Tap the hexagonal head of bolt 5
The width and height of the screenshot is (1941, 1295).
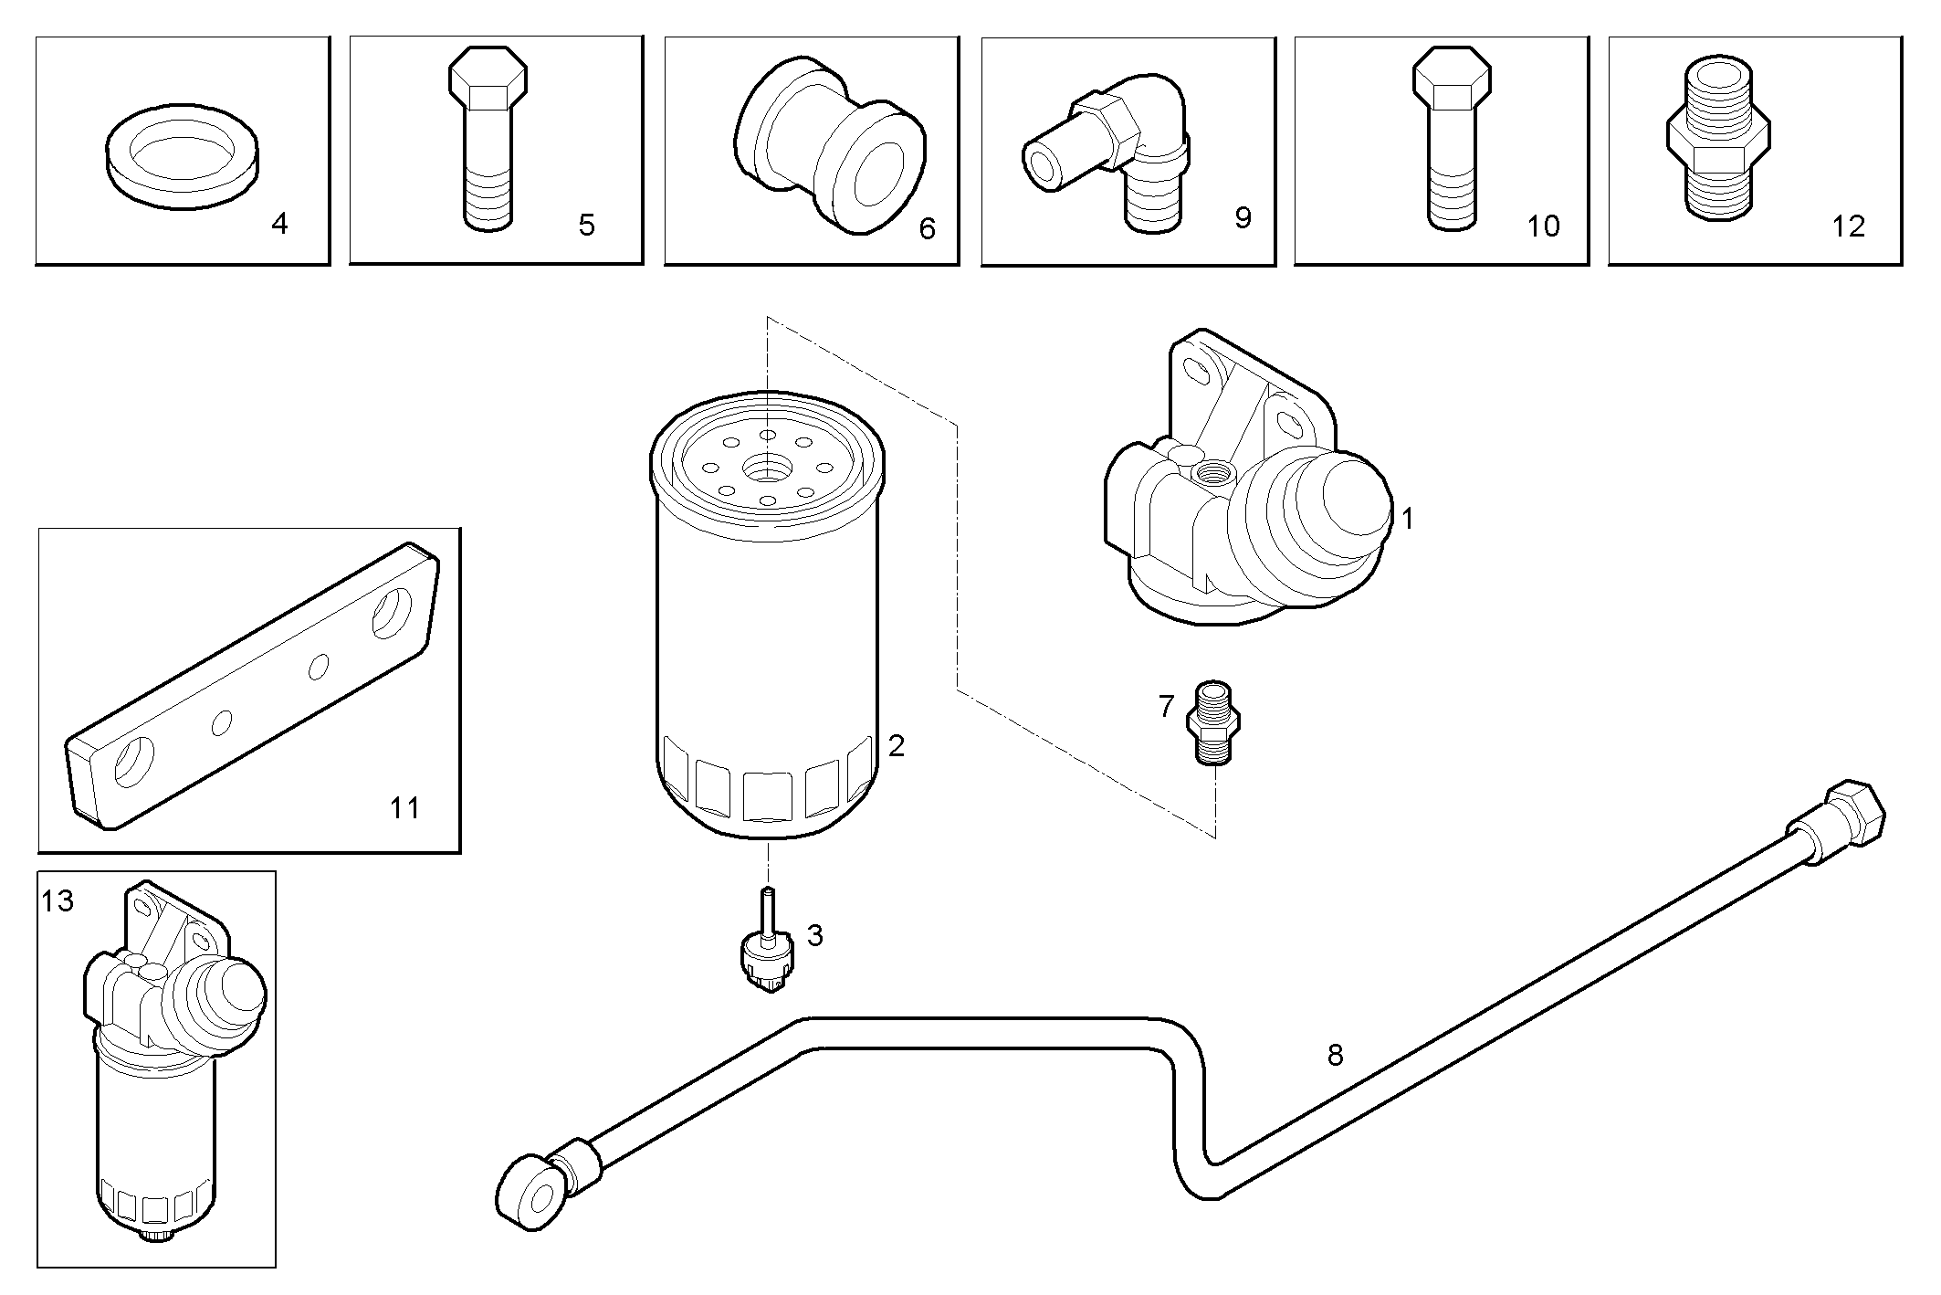tap(488, 79)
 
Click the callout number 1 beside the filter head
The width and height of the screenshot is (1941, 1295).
tap(1407, 520)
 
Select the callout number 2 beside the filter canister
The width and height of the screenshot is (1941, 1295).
tap(896, 746)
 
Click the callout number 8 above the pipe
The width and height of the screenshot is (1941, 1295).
tap(1335, 1056)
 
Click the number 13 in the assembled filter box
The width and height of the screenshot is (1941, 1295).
tap(57, 901)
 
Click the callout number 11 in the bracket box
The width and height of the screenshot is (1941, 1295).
tap(404, 807)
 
